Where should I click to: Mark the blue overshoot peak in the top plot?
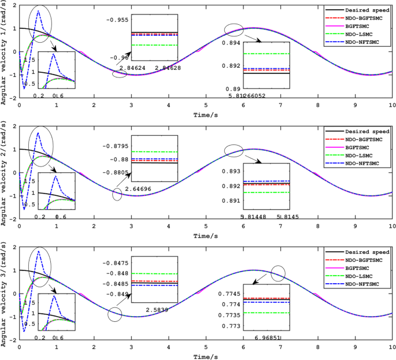(x=39, y=11)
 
